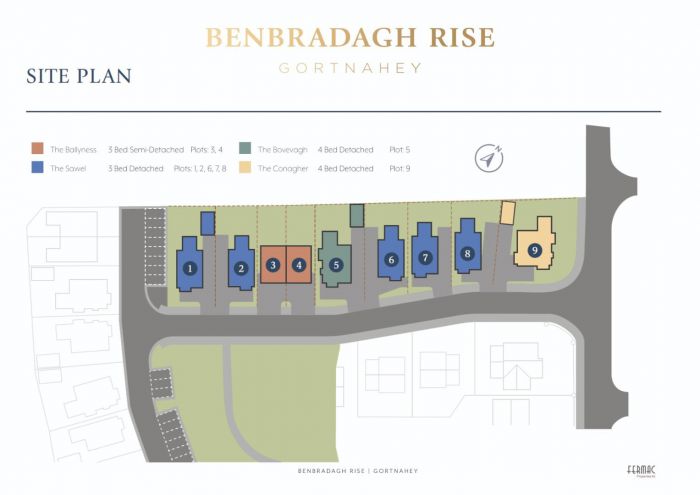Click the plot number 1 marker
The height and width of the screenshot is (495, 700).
[189, 268]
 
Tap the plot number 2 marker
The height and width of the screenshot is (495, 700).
[241, 268]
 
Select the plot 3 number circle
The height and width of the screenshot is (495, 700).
[273, 266]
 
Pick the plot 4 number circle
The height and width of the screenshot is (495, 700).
[300, 266]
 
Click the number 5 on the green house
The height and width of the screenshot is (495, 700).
[336, 265]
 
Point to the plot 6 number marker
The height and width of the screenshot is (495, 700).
[392, 259]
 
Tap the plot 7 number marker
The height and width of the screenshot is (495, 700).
[426, 257]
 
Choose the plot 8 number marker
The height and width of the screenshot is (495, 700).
[467, 254]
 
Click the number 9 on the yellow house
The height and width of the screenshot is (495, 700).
[535, 250]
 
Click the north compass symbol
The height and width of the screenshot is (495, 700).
[488, 158]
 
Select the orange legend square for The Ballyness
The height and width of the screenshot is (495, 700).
[37, 149]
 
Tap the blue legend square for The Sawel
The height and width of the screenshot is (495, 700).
[37, 169]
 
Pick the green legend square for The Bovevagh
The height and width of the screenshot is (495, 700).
[245, 149]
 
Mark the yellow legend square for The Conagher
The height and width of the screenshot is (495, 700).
[245, 169]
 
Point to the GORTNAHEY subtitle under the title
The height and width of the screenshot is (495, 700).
[349, 68]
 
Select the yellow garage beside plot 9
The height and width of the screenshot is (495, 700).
[507, 212]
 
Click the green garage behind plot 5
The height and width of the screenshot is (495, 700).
[356, 215]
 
